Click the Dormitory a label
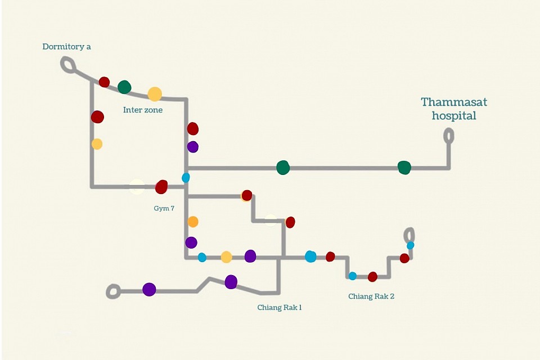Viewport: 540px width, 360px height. (x=66, y=47)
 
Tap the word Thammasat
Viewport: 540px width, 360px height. (x=454, y=102)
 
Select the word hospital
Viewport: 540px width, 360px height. (x=454, y=116)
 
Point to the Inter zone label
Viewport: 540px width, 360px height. (x=142, y=110)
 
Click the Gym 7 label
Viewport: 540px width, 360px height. (x=164, y=208)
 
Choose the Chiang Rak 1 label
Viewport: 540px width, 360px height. (x=280, y=307)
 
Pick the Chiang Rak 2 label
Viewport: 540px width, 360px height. (x=371, y=296)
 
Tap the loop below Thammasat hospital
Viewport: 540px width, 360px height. (x=448, y=136)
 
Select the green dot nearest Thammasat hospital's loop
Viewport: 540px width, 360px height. (x=404, y=168)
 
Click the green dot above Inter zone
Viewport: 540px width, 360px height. (x=124, y=87)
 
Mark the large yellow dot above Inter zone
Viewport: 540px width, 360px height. (x=155, y=94)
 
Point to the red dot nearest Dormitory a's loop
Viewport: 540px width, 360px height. (x=104, y=82)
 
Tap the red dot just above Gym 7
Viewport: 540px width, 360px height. (x=161, y=187)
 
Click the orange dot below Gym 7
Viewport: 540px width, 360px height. (x=193, y=222)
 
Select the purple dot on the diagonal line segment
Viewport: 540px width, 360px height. (x=231, y=282)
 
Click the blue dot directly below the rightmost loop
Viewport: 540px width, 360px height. (x=410, y=245)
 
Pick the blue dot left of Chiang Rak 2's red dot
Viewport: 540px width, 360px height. (x=352, y=276)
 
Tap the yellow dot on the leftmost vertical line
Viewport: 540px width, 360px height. (x=97, y=143)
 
